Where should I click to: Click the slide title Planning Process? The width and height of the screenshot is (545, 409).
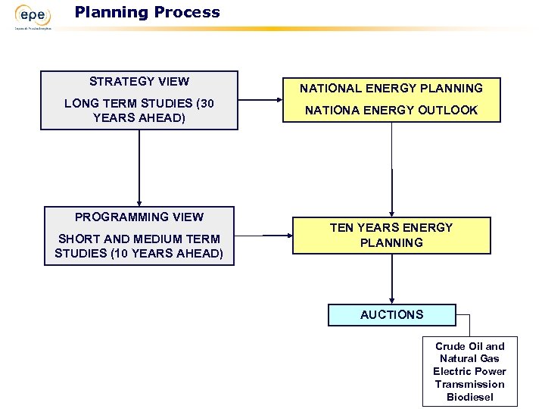[147, 12]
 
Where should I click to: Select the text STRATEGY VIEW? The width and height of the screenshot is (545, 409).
[139, 82]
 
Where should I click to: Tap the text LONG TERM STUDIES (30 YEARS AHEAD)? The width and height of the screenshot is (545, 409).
[139, 111]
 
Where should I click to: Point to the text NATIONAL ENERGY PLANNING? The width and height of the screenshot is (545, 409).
[391, 89]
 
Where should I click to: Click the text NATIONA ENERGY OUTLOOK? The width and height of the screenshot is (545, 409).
[391, 111]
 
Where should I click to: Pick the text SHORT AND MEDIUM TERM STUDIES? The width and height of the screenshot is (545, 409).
[139, 245]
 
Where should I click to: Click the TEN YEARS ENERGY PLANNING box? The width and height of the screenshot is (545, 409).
[391, 235]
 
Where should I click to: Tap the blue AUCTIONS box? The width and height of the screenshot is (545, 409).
[391, 315]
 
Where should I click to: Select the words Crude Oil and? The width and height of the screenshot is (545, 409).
[469, 346]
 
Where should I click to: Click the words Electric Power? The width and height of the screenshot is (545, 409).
[469, 371]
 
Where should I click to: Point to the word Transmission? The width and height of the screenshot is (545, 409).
[469, 384]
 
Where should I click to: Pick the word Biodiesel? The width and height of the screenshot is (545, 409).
[469, 397]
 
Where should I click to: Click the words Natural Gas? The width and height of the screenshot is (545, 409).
[469, 359]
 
